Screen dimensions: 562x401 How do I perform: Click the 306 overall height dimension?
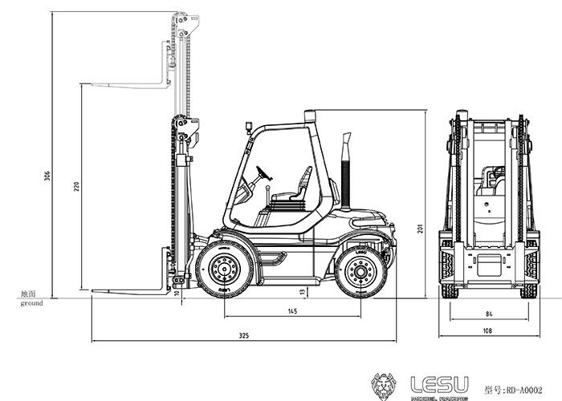point(47,176)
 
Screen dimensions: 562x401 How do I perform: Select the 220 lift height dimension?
point(76,186)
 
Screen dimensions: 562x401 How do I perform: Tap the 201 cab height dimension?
point(421,229)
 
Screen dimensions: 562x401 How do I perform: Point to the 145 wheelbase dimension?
point(292,311)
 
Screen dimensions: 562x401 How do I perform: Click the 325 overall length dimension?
point(244,335)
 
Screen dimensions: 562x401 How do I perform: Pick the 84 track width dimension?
point(489,314)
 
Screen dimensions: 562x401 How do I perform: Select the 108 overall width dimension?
point(487,330)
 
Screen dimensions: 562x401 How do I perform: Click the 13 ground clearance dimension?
point(303,293)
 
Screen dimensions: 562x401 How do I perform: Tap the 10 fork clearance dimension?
point(177,293)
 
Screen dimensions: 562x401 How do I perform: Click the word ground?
point(31,303)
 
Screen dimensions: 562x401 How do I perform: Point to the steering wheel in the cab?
point(264,173)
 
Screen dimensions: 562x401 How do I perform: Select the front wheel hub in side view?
point(225,269)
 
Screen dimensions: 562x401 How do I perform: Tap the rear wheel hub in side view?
point(360,272)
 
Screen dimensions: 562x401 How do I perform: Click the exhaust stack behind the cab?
point(345,171)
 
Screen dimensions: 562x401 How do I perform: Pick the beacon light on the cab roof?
point(310,116)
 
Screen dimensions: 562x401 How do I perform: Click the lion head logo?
point(384,387)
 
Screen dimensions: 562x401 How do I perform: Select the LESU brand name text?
point(439,385)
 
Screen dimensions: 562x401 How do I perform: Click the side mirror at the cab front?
point(248,127)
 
